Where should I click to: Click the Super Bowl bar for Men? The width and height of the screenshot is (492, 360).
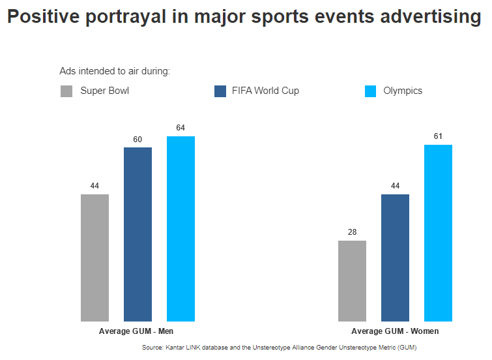94,258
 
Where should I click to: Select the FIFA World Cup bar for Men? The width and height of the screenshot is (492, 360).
137,234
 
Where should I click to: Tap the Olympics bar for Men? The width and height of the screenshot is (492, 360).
181,228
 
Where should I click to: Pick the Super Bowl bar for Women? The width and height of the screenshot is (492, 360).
352,281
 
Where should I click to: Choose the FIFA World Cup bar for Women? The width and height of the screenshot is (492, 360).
395,258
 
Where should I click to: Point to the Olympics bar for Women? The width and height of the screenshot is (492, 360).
438,233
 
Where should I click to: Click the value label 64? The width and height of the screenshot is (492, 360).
181,128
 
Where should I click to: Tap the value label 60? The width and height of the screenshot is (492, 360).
137,139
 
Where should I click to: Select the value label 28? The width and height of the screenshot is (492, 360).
352,232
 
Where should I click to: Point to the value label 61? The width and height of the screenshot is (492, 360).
438,136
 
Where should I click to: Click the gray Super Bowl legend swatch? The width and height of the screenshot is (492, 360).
66,91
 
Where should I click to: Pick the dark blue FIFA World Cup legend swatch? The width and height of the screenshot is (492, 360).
220,91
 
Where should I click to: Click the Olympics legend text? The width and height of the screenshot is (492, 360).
403,91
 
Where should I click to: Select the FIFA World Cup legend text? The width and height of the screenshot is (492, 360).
265,91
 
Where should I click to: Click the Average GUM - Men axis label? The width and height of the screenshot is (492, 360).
136,331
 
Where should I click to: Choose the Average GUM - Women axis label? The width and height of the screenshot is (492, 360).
395,331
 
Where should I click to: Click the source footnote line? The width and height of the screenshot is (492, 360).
279,348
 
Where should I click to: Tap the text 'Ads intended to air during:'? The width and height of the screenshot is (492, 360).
115,70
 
